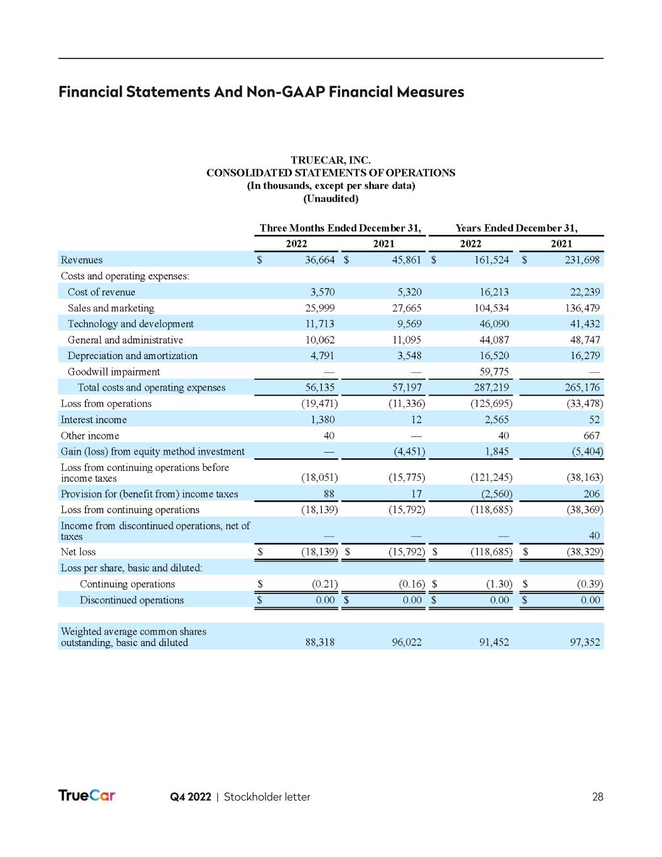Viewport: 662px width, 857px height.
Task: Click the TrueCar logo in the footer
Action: (x=87, y=795)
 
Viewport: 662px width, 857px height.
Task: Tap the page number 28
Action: (x=597, y=797)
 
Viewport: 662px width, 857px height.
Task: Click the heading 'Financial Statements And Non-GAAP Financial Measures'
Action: (x=261, y=92)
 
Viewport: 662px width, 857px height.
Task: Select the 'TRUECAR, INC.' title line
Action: (x=331, y=161)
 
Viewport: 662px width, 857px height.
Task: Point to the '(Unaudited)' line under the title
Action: (x=331, y=199)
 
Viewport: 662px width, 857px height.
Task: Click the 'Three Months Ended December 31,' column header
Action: (x=340, y=228)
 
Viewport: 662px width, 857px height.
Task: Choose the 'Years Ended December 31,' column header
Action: (x=516, y=228)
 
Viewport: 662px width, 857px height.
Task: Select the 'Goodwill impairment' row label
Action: (x=114, y=372)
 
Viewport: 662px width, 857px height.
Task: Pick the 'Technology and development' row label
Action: (x=131, y=324)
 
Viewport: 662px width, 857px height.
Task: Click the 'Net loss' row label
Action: (x=78, y=552)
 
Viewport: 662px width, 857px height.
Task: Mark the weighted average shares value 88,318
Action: (x=319, y=642)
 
